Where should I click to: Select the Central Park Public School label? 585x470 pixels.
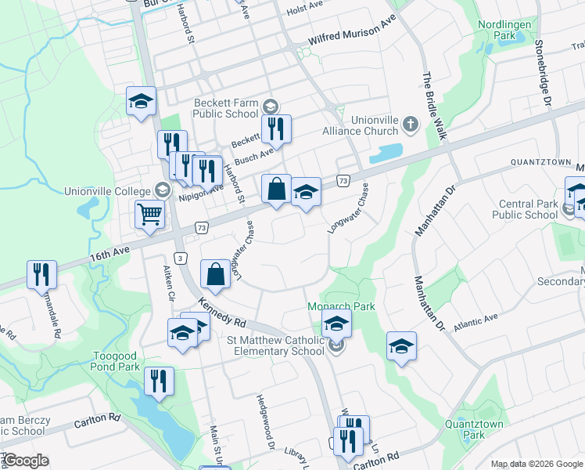pyautogui.click(x=528, y=210)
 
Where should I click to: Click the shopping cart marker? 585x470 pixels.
pyautogui.click(x=149, y=213)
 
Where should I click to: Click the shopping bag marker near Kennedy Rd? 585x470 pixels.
pyautogui.click(x=215, y=273)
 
